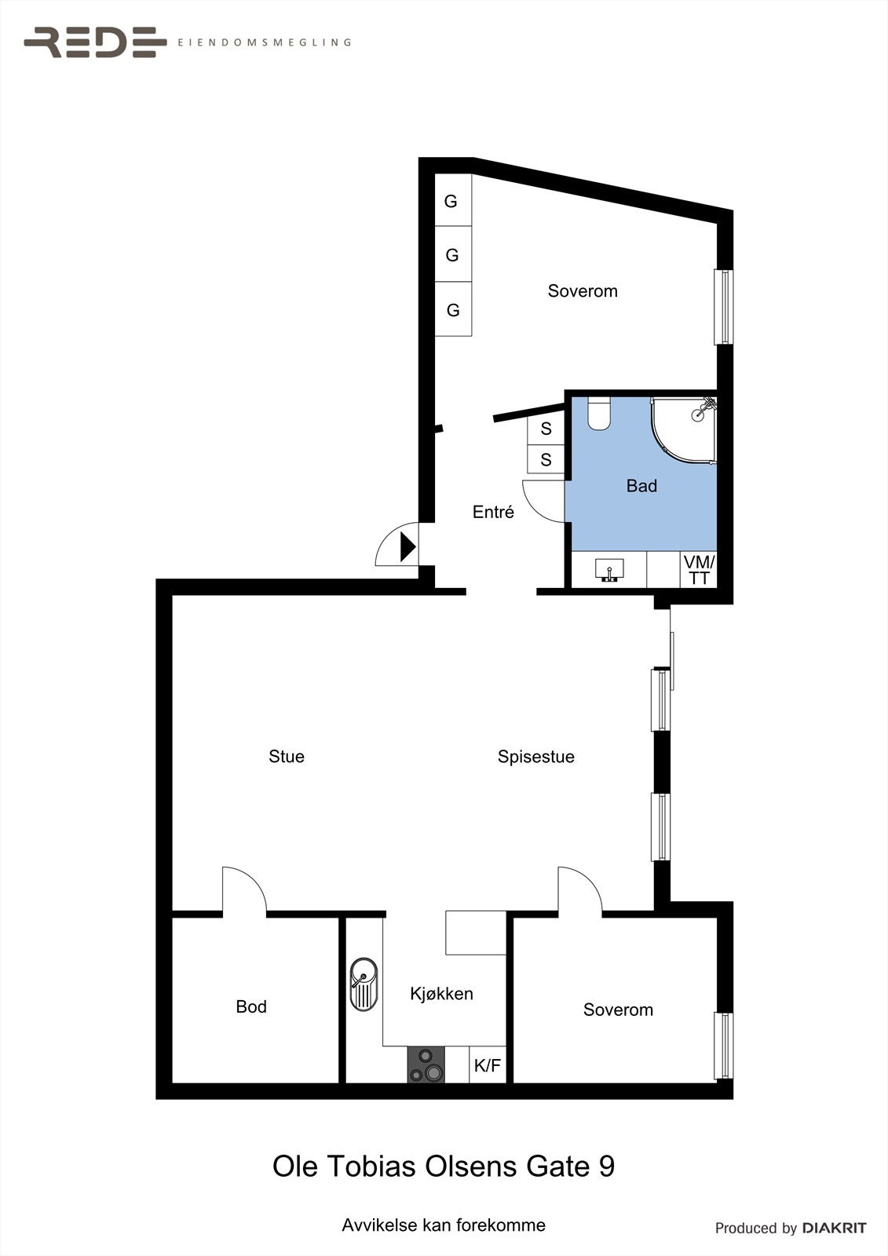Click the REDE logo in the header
pyautogui.click(x=95, y=42)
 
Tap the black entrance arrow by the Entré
pyautogui.click(x=407, y=546)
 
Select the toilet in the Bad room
pyautogui.click(x=599, y=414)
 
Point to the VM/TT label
pyautogui.click(x=698, y=570)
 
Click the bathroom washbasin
pyautogui.click(x=609, y=570)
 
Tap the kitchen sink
pyautogui.click(x=364, y=984)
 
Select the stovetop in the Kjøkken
pyautogui.click(x=426, y=1065)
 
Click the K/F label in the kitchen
pyautogui.click(x=487, y=1066)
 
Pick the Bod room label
pyautogui.click(x=251, y=1006)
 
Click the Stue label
pyautogui.click(x=287, y=756)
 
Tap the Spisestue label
pyautogui.click(x=536, y=757)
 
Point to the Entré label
pyautogui.click(x=493, y=512)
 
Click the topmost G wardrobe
pyautogui.click(x=452, y=201)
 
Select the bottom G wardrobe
pyautogui.click(x=453, y=310)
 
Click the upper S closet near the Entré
pyautogui.click(x=546, y=429)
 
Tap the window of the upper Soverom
pyautogui.click(x=723, y=307)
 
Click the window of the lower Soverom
pyautogui.click(x=723, y=1046)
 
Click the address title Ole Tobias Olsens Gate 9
pyautogui.click(x=444, y=1166)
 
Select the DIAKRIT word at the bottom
pyautogui.click(x=834, y=1228)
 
